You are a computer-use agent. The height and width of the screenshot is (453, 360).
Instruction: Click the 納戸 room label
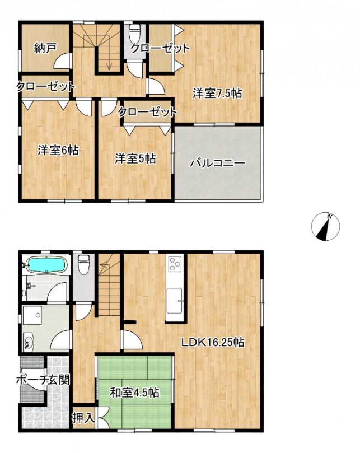click(x=45, y=49)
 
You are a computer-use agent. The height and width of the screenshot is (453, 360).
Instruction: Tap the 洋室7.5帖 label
click(x=217, y=93)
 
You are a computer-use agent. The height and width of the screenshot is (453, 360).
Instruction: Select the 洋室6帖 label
click(x=58, y=150)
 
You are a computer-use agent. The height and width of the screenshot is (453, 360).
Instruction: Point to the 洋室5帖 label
click(x=135, y=158)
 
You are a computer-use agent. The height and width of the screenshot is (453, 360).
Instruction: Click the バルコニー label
click(x=217, y=164)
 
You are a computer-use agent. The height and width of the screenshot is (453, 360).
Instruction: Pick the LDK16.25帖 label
click(x=213, y=342)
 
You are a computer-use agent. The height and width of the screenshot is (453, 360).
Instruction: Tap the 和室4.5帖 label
click(x=134, y=393)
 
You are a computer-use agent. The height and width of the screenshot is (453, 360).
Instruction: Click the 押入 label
click(x=83, y=418)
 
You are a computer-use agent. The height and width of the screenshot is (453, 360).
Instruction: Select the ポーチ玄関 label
click(x=43, y=380)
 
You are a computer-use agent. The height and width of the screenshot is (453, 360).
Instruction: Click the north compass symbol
click(x=326, y=226)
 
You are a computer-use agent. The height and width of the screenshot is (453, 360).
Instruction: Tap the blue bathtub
click(x=47, y=265)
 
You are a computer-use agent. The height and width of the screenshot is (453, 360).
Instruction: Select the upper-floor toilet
click(x=134, y=34)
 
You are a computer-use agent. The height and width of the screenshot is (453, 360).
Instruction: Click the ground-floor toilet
click(x=84, y=265)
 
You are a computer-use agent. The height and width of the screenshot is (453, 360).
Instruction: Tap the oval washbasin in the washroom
click(x=28, y=342)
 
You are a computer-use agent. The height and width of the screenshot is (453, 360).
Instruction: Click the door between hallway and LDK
click(x=132, y=340)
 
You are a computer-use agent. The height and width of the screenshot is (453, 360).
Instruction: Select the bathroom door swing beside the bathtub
click(x=58, y=292)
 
